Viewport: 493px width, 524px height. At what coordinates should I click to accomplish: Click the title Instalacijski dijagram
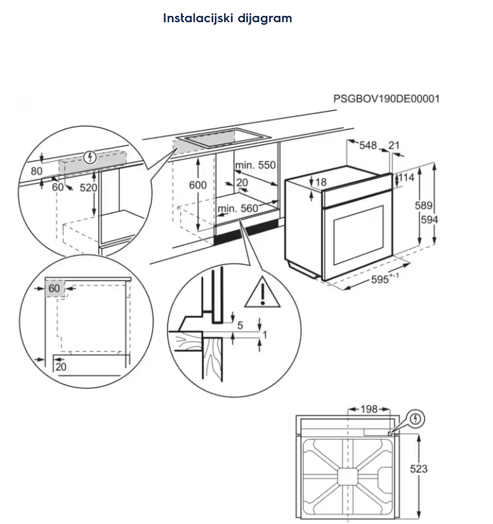(x=227, y=18)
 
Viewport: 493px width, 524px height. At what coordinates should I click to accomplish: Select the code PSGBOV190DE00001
(x=386, y=99)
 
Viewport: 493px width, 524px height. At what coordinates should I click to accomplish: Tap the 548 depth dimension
(x=368, y=146)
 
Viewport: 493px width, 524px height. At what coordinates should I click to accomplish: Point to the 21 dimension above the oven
(x=394, y=146)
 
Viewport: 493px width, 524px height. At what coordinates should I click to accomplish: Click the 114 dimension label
(x=406, y=178)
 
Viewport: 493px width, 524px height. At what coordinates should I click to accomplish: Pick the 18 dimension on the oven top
(x=320, y=182)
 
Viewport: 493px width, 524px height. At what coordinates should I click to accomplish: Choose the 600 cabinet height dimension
(x=199, y=185)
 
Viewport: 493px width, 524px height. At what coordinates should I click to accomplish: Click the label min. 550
(x=256, y=166)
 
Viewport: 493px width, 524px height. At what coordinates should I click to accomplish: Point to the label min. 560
(x=238, y=209)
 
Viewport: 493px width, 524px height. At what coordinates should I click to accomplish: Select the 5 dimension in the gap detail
(x=239, y=326)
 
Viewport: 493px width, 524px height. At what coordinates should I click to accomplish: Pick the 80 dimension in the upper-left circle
(x=36, y=171)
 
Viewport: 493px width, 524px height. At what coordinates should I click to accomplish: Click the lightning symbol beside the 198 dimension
(x=416, y=419)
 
